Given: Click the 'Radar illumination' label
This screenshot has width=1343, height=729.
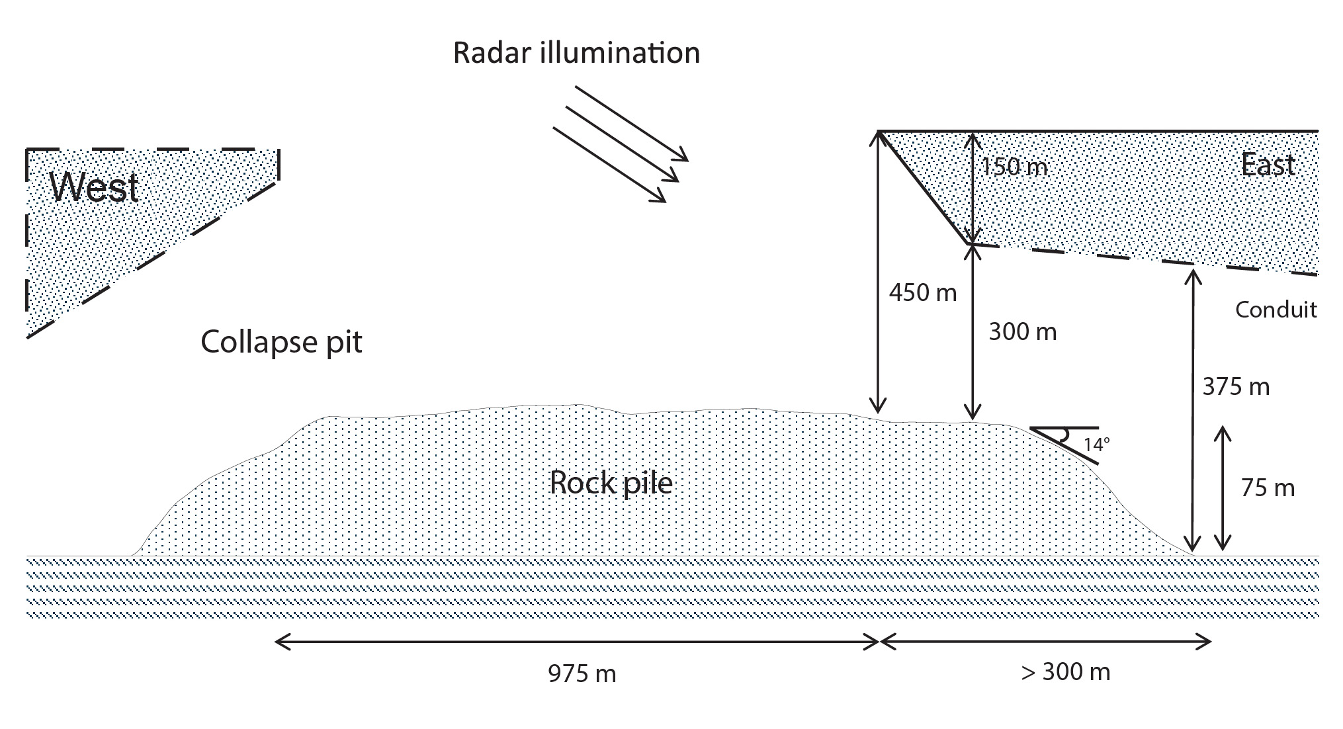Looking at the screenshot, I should (576, 53).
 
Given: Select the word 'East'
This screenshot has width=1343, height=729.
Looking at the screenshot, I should (1268, 165).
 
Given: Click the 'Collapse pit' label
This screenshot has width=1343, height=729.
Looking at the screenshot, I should (281, 342).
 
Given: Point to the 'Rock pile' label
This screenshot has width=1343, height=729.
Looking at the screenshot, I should (611, 483).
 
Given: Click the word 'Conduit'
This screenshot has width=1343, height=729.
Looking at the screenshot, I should (1276, 310).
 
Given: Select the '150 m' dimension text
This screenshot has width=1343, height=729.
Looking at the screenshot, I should (1014, 166).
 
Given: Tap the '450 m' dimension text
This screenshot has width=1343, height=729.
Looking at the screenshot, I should (922, 292).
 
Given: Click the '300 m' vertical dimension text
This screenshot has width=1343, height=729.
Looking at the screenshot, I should (1022, 331).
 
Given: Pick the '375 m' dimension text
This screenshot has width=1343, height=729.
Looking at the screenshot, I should (1236, 386).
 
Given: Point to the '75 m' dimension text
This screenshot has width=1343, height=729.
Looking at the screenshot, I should (1268, 488).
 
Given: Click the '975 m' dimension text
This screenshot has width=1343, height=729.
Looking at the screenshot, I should (582, 673).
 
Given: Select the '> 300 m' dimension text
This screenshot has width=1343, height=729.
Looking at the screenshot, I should (1065, 672).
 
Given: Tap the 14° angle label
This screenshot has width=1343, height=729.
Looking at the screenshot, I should (1096, 445).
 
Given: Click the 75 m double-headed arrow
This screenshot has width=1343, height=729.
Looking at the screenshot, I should (1222, 489).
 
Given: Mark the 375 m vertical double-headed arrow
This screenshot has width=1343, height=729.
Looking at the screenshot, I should (1192, 410).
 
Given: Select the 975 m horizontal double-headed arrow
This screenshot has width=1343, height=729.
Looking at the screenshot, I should (576, 641).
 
